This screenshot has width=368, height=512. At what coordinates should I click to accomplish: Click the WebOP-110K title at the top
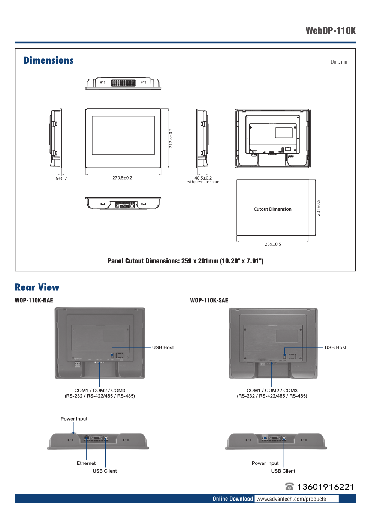[330, 31]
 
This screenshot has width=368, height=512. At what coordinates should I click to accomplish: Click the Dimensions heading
[49, 60]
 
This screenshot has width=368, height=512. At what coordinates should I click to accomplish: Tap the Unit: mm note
[339, 62]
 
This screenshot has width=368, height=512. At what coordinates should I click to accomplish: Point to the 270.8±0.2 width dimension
[122, 178]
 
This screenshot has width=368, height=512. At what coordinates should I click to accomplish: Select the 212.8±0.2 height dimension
[171, 138]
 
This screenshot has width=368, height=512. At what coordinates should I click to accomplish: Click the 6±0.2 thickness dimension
[61, 178]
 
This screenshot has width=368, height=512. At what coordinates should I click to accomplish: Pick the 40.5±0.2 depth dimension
[203, 178]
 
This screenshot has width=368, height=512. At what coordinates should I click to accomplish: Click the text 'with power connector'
[203, 182]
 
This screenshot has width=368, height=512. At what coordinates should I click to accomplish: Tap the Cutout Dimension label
[272, 209]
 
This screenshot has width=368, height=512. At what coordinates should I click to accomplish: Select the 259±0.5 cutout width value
[273, 244]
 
